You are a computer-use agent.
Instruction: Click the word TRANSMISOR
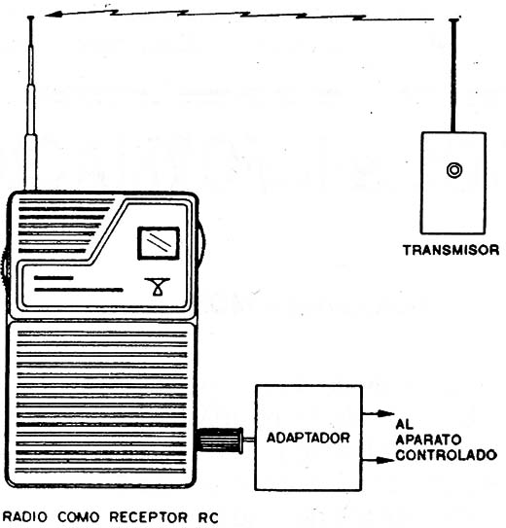[x=451, y=250]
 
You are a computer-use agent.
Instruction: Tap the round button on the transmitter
[x=454, y=170]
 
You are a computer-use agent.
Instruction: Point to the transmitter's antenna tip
[x=454, y=20]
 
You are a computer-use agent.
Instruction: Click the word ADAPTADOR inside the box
[x=307, y=438]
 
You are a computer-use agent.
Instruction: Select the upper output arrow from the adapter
[x=378, y=413]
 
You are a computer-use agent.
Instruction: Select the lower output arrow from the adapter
[x=378, y=460]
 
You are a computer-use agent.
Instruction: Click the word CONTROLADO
[x=446, y=455]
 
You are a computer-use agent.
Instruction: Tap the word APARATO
[x=428, y=440]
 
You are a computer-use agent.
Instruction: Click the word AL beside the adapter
[x=404, y=424]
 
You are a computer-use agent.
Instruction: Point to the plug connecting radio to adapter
[x=221, y=440]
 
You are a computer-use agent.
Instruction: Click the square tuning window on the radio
[x=159, y=243]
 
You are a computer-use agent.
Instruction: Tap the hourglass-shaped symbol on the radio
[x=158, y=287]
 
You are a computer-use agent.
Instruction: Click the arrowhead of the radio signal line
[x=54, y=15]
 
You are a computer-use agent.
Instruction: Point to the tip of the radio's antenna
[x=31, y=18]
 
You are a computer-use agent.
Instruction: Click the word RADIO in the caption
[x=25, y=517]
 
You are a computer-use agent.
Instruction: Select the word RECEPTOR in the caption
[x=149, y=517]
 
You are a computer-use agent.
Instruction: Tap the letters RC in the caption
[x=208, y=517]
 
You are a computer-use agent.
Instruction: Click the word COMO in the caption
[x=79, y=517]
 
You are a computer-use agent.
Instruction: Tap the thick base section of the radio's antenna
[x=31, y=162]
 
